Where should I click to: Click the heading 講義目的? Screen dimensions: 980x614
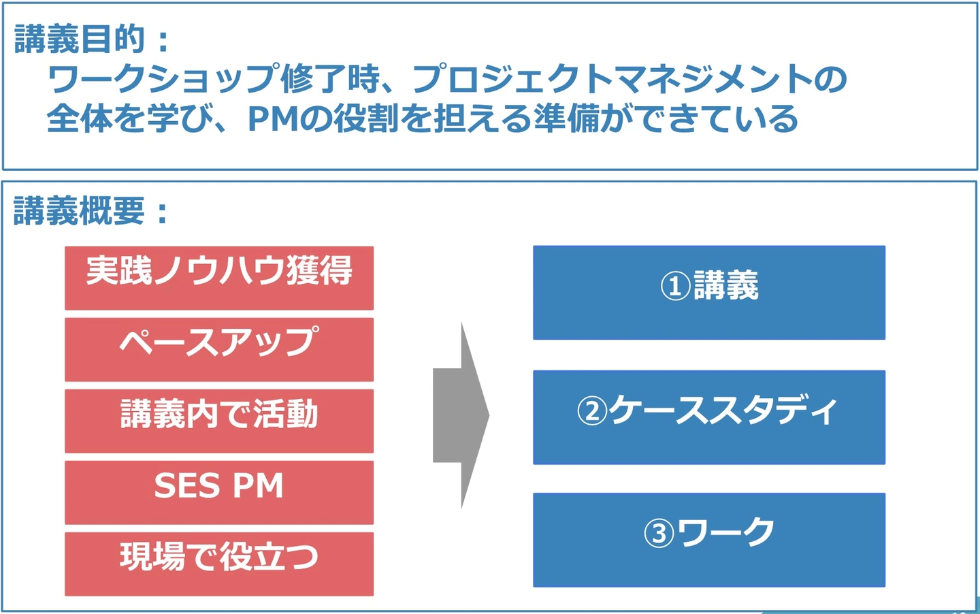tap(80, 39)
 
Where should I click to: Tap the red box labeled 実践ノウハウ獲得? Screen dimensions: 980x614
tap(219, 278)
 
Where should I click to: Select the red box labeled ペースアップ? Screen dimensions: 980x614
tap(219, 350)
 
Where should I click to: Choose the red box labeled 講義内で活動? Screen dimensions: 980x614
tap(219, 421)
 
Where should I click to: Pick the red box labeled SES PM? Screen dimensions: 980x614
tap(219, 492)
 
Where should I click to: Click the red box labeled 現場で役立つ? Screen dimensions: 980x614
tap(219, 564)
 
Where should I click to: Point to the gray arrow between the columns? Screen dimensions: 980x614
tap(461, 415)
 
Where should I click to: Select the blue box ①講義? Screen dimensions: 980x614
tap(709, 292)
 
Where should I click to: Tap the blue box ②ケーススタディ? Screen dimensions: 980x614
tap(709, 417)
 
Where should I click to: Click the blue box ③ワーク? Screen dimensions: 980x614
tap(709, 540)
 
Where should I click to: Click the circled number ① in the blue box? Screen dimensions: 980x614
tap(675, 286)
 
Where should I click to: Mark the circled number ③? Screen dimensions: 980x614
tap(659, 534)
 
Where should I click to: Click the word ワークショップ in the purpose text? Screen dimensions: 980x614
tap(164, 78)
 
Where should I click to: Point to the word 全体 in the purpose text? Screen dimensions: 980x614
tap(80, 118)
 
